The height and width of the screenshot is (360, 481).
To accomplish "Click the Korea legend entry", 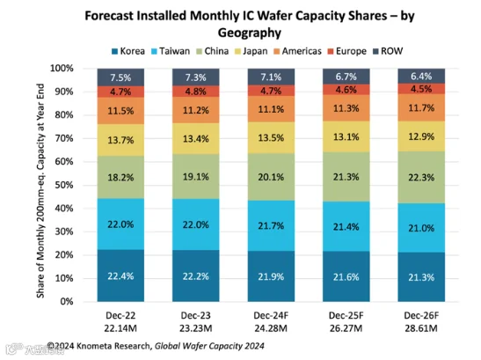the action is coord(128,51).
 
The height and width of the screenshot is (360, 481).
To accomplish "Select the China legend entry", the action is coord(213,51).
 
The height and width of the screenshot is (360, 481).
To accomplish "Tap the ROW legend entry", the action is coord(388,51).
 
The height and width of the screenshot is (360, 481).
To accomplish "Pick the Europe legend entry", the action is coord(347,51).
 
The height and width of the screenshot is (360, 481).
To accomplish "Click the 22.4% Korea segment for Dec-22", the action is coord(120,276).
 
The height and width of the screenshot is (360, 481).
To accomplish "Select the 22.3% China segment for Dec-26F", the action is coord(421,177).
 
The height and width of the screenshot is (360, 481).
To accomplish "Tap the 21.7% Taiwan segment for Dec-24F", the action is coord(271,225).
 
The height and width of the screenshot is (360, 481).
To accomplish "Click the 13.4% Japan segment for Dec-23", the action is coord(196,138).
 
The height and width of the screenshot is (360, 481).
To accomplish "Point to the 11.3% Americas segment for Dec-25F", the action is coord(346,108).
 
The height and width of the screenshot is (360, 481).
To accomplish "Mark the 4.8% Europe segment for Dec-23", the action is coord(196,92).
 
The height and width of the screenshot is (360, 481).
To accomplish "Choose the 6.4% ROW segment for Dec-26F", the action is coord(421,76).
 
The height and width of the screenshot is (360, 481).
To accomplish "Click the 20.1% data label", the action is coord(271,177).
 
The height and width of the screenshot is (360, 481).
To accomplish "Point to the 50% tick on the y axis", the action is coord(64,185).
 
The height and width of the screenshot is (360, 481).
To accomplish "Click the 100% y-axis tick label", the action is coord(62,68).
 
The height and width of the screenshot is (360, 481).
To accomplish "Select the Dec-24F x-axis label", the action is coord(271,315).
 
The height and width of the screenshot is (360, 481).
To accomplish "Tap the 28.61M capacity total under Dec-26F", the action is coord(421,328).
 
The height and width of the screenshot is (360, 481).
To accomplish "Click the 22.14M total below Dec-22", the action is coord(120,328).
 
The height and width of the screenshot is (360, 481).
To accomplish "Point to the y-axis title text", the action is coord(40,190).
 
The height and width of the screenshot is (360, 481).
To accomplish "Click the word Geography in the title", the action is coord(250,33).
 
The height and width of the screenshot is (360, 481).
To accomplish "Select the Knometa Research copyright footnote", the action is coord(156,346).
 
